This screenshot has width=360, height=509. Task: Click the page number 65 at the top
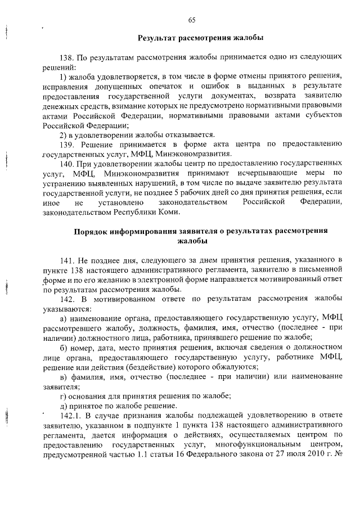pyautogui.click(x=192, y=20)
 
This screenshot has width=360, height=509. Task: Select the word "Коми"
pyautogui.click(x=170, y=212)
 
